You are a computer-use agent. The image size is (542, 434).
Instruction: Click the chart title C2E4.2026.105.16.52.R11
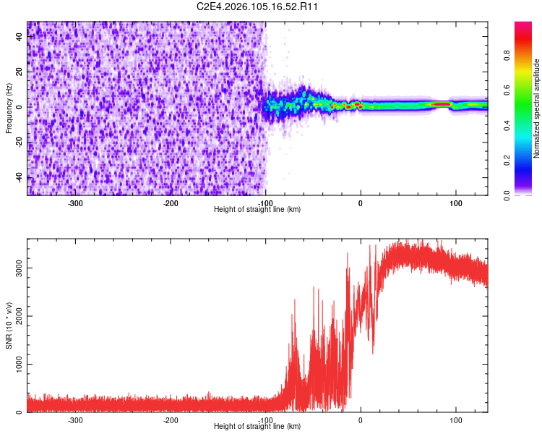pyautogui.click(x=258, y=7)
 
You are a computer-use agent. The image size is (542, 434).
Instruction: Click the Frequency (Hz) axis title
pyautogui.click(x=9, y=108)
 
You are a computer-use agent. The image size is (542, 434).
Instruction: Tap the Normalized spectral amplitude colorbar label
pyautogui.click(x=537, y=109)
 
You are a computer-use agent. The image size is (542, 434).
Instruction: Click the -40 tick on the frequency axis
pyautogui.click(x=19, y=177)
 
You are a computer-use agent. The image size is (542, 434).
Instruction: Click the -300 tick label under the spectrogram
pyautogui.click(x=75, y=203)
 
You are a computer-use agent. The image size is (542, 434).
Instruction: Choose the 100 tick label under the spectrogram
pyautogui.click(x=455, y=203)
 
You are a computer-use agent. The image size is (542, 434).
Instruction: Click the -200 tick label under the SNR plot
pyautogui.click(x=171, y=420)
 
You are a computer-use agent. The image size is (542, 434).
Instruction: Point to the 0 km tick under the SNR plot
pyautogui.click(x=361, y=420)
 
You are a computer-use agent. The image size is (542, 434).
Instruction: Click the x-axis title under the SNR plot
pyautogui.click(x=257, y=427)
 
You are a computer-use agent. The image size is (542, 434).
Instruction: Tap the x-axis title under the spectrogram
pyautogui.click(x=257, y=209)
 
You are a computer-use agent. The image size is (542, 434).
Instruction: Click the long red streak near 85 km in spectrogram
pyautogui.click(x=441, y=104)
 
